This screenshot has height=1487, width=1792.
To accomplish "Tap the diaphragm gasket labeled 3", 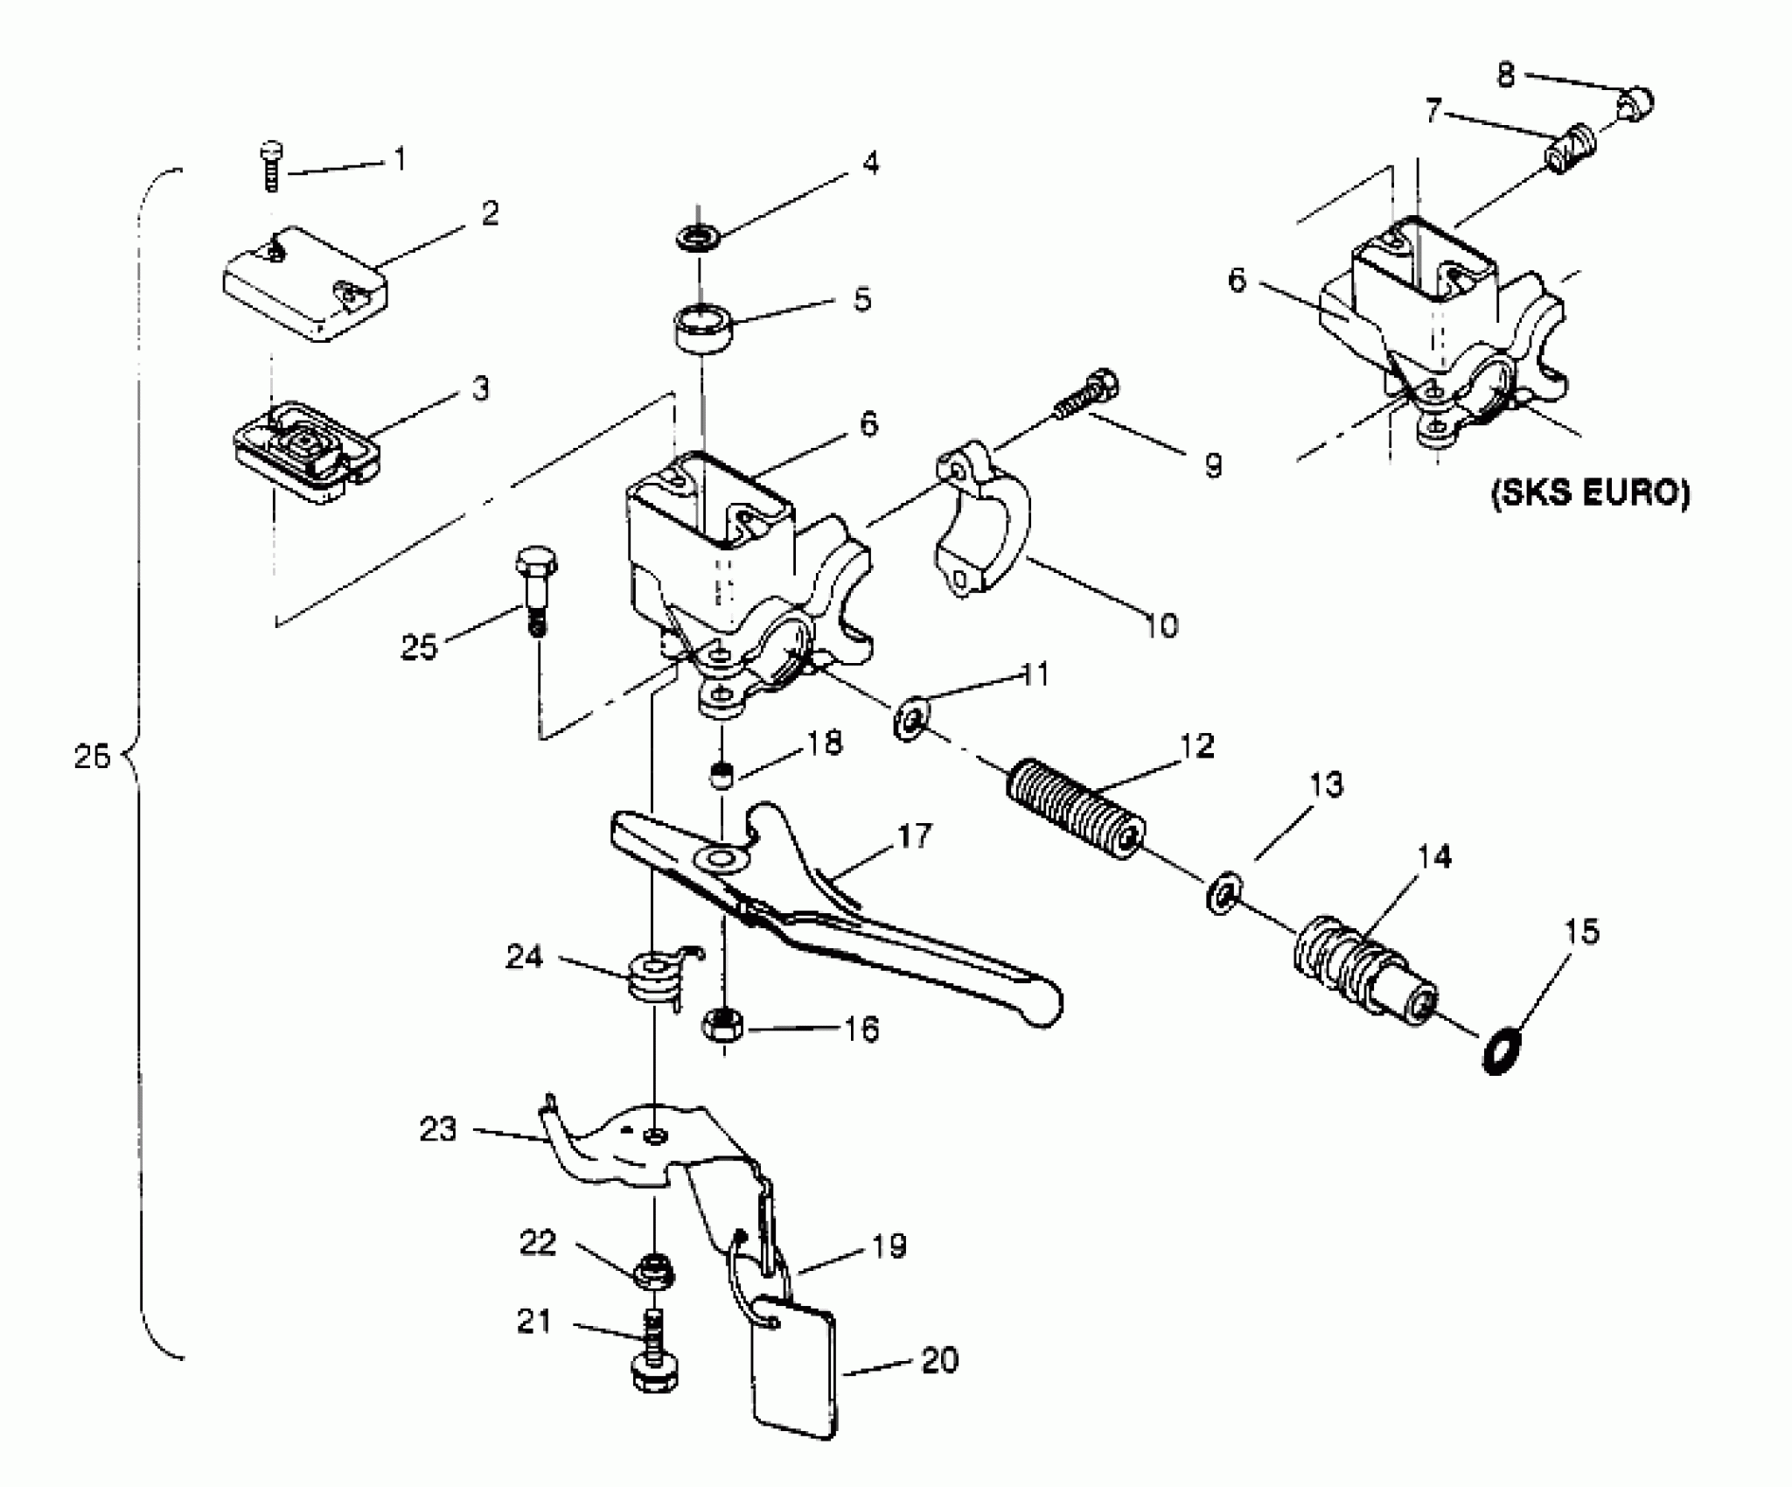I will click(306, 453).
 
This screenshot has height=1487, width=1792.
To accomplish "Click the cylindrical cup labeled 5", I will click(701, 328).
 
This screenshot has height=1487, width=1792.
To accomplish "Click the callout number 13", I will click(1325, 785).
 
